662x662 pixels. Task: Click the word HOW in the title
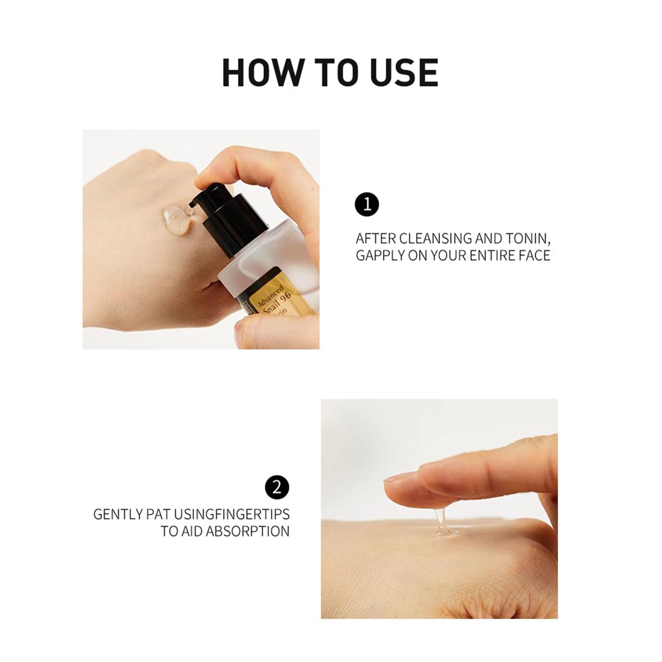[x=261, y=73]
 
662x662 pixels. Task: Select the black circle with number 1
[x=367, y=204]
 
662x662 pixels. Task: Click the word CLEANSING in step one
[x=436, y=239]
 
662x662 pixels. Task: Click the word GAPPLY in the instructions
[x=380, y=256]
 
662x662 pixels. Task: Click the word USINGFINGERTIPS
[x=231, y=514]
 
